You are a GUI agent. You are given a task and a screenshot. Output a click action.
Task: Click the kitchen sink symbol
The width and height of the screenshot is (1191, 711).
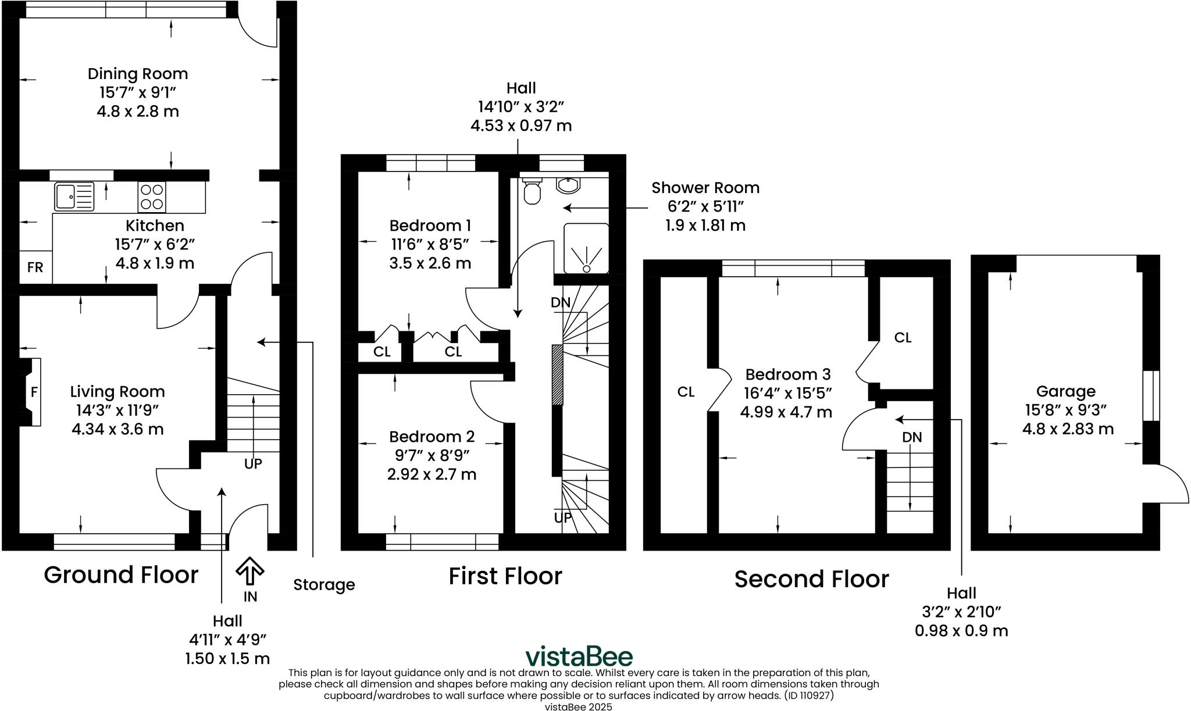click(74, 196)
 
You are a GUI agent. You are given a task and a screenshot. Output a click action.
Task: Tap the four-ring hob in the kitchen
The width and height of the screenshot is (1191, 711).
click(152, 196)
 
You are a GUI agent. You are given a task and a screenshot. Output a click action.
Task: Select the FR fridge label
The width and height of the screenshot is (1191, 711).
click(35, 267)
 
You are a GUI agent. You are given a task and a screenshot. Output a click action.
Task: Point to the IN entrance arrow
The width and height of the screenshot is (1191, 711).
click(250, 572)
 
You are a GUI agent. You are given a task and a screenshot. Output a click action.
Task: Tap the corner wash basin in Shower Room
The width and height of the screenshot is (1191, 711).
click(568, 185)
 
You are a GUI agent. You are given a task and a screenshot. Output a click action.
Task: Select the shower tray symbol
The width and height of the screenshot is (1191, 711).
click(586, 248)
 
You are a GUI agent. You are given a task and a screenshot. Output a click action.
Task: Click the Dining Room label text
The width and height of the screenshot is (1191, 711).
click(138, 74)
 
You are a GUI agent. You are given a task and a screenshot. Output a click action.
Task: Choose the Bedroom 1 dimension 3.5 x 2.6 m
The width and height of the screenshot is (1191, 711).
click(430, 263)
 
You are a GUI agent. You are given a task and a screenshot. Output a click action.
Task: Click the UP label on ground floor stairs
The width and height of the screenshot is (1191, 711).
click(253, 463)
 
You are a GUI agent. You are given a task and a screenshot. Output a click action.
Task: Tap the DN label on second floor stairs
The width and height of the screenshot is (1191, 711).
click(912, 437)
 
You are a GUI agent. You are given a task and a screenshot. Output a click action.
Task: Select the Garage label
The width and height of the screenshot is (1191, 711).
click(1065, 391)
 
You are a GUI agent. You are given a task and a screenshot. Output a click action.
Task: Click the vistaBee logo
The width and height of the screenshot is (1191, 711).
click(579, 656)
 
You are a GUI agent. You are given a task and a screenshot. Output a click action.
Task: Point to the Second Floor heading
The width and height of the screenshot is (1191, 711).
click(811, 579)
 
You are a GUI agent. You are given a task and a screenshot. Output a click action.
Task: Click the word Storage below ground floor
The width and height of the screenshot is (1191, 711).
click(324, 585)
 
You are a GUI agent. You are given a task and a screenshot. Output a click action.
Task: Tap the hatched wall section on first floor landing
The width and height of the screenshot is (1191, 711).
click(557, 374)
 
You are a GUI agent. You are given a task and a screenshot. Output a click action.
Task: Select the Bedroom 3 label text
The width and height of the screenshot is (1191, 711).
click(788, 374)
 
